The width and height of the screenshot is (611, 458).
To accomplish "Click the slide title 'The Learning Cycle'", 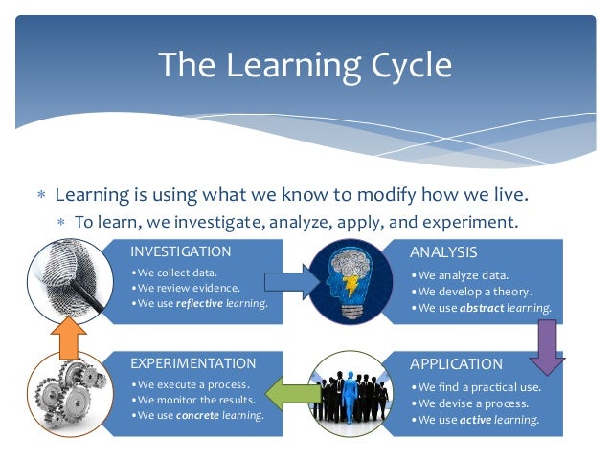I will coord(305,65).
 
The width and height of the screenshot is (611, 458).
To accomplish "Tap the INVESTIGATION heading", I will coord(181,252).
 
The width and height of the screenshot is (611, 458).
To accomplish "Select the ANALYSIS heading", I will coord(443,252).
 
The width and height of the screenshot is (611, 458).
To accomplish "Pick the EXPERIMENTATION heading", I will coord(193,363).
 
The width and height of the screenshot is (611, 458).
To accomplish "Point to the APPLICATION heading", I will coord(456,364).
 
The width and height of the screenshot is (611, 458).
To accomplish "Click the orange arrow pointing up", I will coord(68,336).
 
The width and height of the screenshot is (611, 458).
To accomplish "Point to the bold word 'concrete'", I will coord(204,415).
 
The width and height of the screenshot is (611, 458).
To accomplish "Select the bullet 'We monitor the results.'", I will coord(194,400).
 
